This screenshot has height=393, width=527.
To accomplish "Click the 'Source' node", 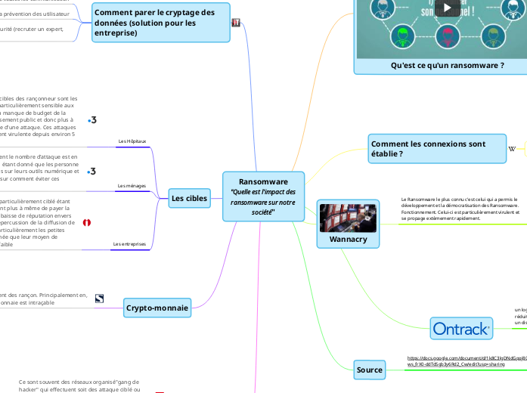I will click(x=370, y=369).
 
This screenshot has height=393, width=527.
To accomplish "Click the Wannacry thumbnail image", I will click(x=348, y=218).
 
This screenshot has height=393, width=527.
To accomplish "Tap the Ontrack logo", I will click(x=461, y=328).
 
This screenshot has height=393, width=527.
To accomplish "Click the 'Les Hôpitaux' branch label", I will click(x=132, y=141).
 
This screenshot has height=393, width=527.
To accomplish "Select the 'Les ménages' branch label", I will click(x=132, y=185).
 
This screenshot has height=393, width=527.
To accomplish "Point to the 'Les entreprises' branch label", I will click(x=129, y=244).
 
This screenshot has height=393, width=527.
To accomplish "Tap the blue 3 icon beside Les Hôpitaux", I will click(x=92, y=120).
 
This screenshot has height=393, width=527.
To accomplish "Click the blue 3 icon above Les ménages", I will click(x=92, y=172).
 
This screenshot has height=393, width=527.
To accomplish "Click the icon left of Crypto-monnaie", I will click(x=99, y=299).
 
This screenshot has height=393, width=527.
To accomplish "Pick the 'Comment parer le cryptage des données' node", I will click(x=162, y=23).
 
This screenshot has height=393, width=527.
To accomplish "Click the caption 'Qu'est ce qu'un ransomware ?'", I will click(x=447, y=66).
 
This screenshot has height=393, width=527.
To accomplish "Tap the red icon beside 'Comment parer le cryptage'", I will click(x=237, y=23).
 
